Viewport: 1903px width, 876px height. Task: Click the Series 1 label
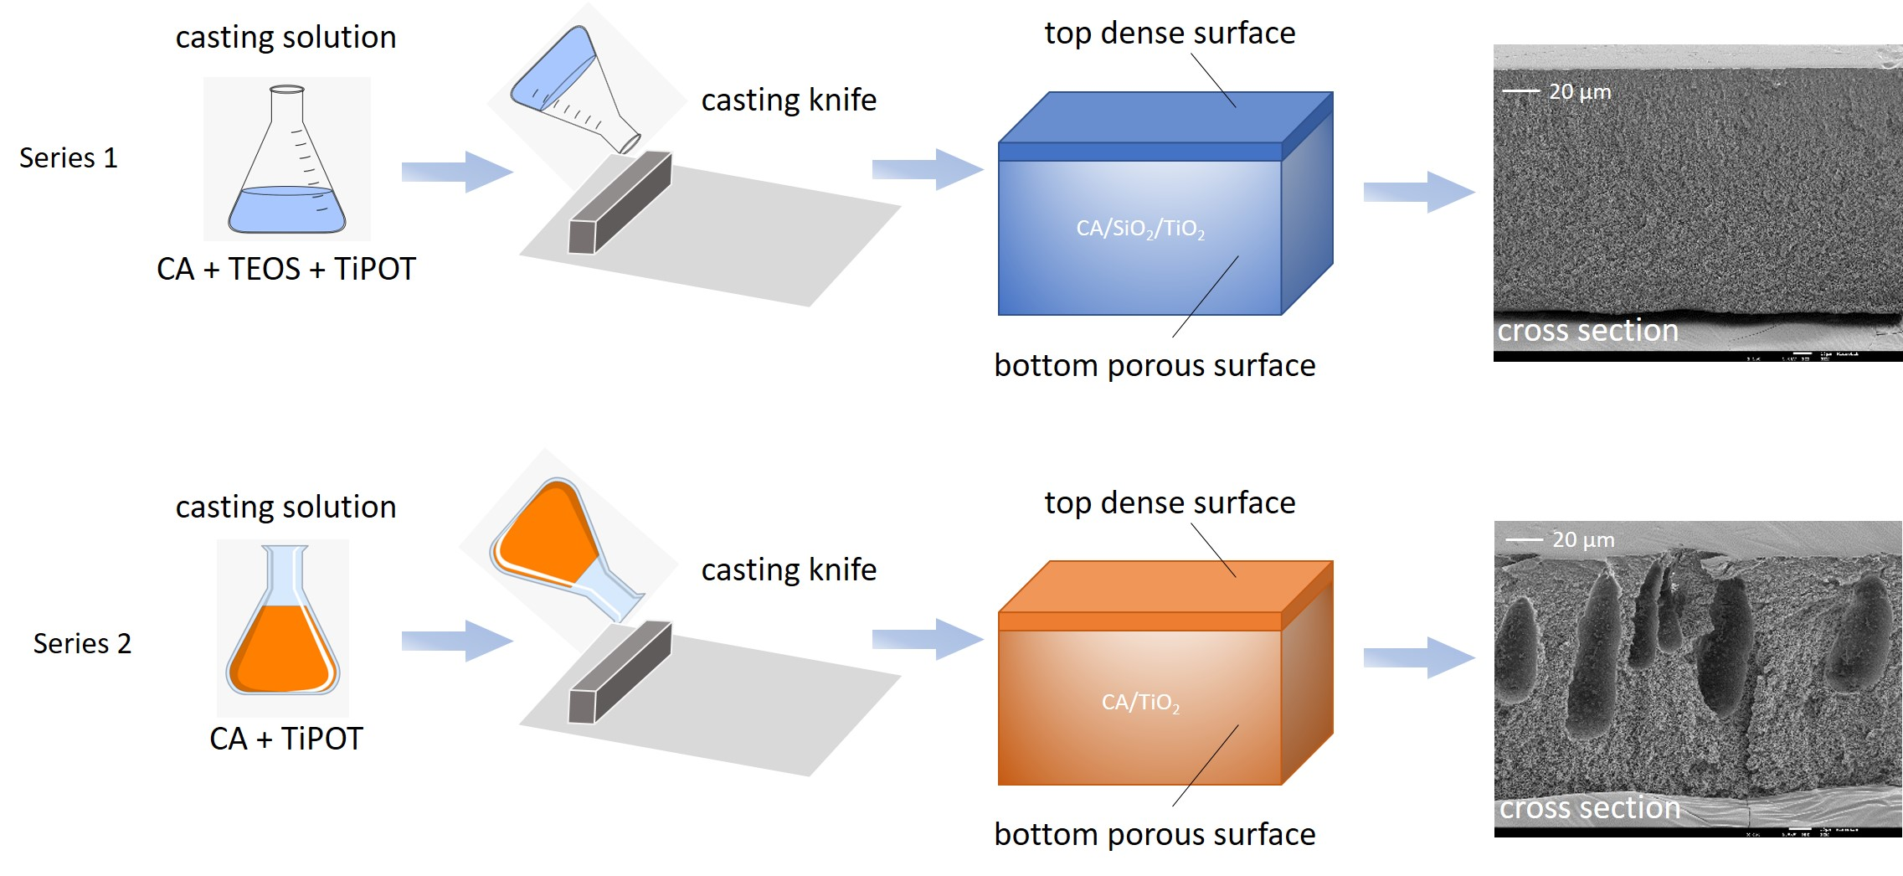click(69, 158)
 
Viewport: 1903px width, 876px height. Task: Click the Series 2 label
click(82, 643)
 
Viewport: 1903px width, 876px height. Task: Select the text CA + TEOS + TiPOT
click(286, 269)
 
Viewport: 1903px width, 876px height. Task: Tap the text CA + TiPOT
click(286, 739)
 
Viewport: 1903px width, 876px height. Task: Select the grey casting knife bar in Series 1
click(620, 203)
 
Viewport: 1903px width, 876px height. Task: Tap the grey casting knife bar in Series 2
click(620, 672)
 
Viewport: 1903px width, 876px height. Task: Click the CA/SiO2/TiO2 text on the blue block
click(1140, 229)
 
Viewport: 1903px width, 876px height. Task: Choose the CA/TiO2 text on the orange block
click(1140, 702)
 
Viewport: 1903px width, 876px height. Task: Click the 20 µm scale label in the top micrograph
click(1580, 91)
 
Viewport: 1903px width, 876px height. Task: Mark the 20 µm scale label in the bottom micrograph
click(1583, 539)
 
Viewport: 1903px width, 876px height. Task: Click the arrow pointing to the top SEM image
click(1418, 192)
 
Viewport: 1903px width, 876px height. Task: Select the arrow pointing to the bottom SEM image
click(1418, 657)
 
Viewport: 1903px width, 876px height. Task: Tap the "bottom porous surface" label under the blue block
click(1155, 366)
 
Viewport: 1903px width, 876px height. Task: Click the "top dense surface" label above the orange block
click(1170, 502)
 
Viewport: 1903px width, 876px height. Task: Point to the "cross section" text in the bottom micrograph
click(1590, 807)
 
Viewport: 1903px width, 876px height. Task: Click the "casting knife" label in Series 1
click(789, 100)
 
